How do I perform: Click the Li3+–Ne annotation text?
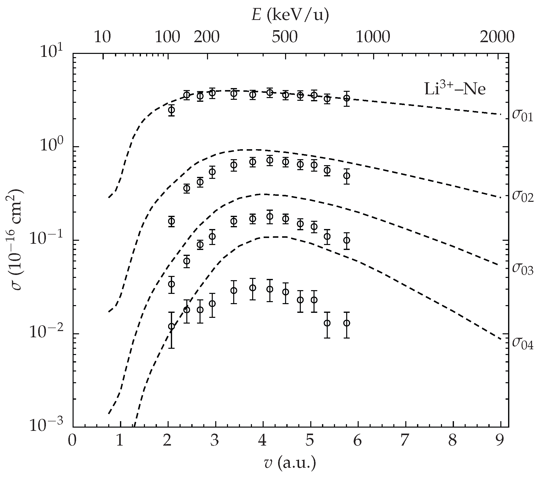tap(455, 89)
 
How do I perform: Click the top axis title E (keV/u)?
tap(290, 15)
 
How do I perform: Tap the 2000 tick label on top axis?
tap(497, 37)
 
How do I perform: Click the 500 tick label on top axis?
tap(285, 37)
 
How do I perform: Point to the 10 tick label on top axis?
tap(102, 37)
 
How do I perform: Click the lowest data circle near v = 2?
tap(171, 326)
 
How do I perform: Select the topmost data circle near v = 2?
tap(171, 110)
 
